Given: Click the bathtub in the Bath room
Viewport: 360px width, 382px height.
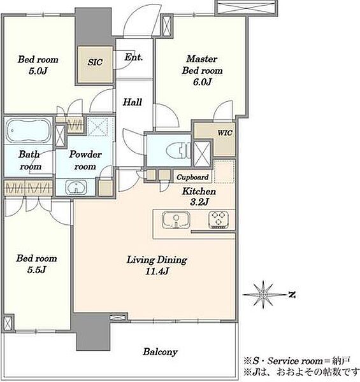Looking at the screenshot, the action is coord(29,131).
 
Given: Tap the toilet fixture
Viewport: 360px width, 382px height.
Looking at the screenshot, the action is coord(178,150).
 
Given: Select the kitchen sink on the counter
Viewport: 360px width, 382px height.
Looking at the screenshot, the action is coord(176,220).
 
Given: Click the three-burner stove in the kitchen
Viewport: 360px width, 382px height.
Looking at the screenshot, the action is coord(219,220).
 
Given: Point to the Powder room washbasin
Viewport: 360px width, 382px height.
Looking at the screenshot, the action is coord(76,188).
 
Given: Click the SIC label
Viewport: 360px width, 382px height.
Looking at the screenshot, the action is coord(95,62).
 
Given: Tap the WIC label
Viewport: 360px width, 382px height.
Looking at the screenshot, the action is coord(225,133).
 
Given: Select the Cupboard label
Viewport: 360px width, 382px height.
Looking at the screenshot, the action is coord(192,177).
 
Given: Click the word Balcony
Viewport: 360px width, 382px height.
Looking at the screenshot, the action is coord(160,352).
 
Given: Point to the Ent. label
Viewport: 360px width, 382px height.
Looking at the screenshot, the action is coord(133,57).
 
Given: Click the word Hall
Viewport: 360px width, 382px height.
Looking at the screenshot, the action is coord(133,102).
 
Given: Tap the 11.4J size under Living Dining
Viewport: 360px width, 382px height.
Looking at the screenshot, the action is coord(157,271).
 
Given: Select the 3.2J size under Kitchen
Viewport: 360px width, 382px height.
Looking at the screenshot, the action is coord(199,202).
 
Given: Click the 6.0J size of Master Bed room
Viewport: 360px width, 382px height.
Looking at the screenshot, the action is coord(202,82).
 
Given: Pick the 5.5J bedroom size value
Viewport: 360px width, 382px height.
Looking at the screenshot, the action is coord(36,270).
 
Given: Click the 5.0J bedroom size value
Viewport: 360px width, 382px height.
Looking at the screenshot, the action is coord(38,71).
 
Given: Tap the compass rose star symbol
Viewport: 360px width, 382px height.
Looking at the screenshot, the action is coord(263,295).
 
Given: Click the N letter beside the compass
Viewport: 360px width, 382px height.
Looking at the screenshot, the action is coord(292,295).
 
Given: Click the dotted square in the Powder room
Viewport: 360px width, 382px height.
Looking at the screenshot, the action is coord(97,127).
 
